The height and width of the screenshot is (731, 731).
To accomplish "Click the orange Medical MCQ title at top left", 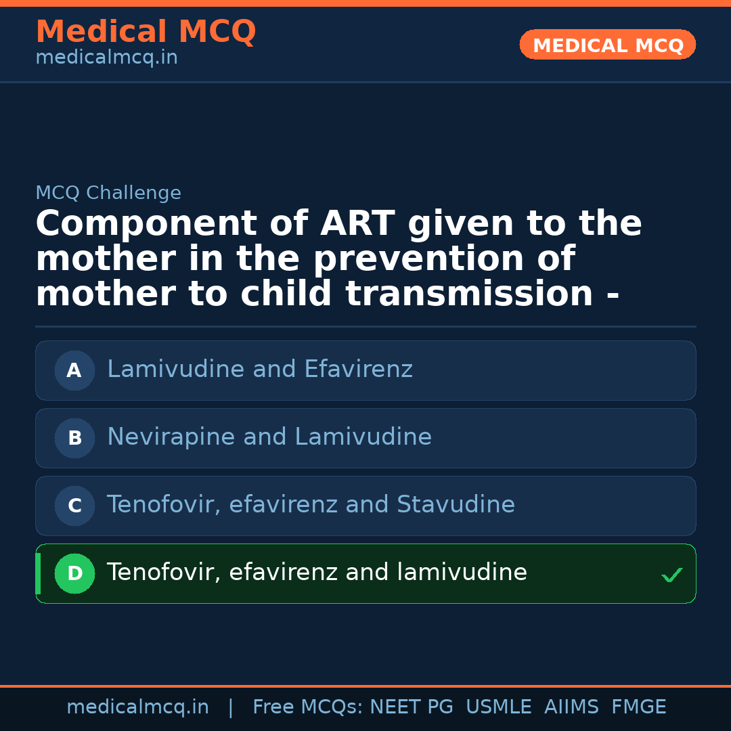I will tap(146, 32).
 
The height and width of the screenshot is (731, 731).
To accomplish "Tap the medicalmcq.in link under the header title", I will tap(106, 58).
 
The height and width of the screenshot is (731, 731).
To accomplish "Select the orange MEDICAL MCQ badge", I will tap(607, 45).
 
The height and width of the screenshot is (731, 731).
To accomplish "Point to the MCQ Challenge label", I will tap(108, 194).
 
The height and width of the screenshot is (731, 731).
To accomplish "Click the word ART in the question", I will tap(357, 224).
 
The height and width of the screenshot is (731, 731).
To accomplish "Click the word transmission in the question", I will tap(469, 294).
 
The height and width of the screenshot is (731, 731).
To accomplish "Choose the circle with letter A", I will tap(74, 370).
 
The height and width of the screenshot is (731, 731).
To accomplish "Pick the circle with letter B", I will tap(74, 438).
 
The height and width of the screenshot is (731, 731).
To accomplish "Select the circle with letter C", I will tap(74, 506).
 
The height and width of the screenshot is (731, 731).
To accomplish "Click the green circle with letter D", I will tap(74, 573).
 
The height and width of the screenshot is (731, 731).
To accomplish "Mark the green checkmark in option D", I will tap(671, 575).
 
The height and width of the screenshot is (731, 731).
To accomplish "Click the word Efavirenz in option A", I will tap(358, 370).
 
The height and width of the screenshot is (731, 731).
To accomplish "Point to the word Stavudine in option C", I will tap(456, 505).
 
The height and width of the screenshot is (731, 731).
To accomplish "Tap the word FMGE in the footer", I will tap(638, 707).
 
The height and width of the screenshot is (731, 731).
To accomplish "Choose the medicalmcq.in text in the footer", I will tap(137, 707).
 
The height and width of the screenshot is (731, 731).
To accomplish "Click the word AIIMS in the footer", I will tap(571, 707).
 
